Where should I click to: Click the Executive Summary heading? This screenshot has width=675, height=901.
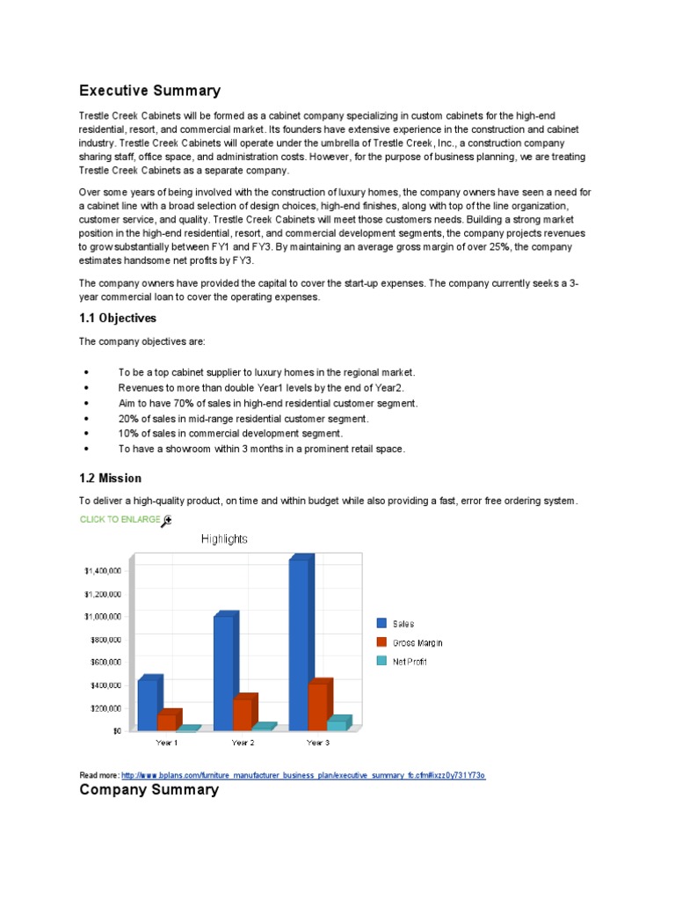pyautogui.click(x=149, y=91)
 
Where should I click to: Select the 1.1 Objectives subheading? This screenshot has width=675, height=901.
pyautogui.click(x=118, y=318)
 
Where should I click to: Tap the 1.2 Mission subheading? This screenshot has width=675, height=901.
pyautogui.click(x=110, y=478)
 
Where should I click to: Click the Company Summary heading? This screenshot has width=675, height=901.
pyautogui.click(x=149, y=789)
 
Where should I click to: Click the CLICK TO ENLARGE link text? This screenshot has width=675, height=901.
pyautogui.click(x=120, y=519)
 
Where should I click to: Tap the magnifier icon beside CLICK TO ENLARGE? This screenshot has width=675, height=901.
pyautogui.click(x=167, y=521)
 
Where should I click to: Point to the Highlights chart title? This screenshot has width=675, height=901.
pyautogui.click(x=224, y=538)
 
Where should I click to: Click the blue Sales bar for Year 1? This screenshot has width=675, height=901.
pyautogui.click(x=148, y=705)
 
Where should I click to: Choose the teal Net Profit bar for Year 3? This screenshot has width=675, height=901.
pyautogui.click(x=337, y=725)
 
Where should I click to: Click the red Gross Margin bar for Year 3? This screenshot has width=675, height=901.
pyautogui.click(x=317, y=707)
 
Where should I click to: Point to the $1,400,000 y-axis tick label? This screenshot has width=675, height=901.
pyautogui.click(x=103, y=571)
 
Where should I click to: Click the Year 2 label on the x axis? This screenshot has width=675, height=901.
pyautogui.click(x=243, y=743)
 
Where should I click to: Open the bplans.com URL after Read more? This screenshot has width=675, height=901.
pyautogui.click(x=303, y=775)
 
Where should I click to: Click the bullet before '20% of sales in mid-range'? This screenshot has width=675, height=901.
pyautogui.click(x=85, y=419)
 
